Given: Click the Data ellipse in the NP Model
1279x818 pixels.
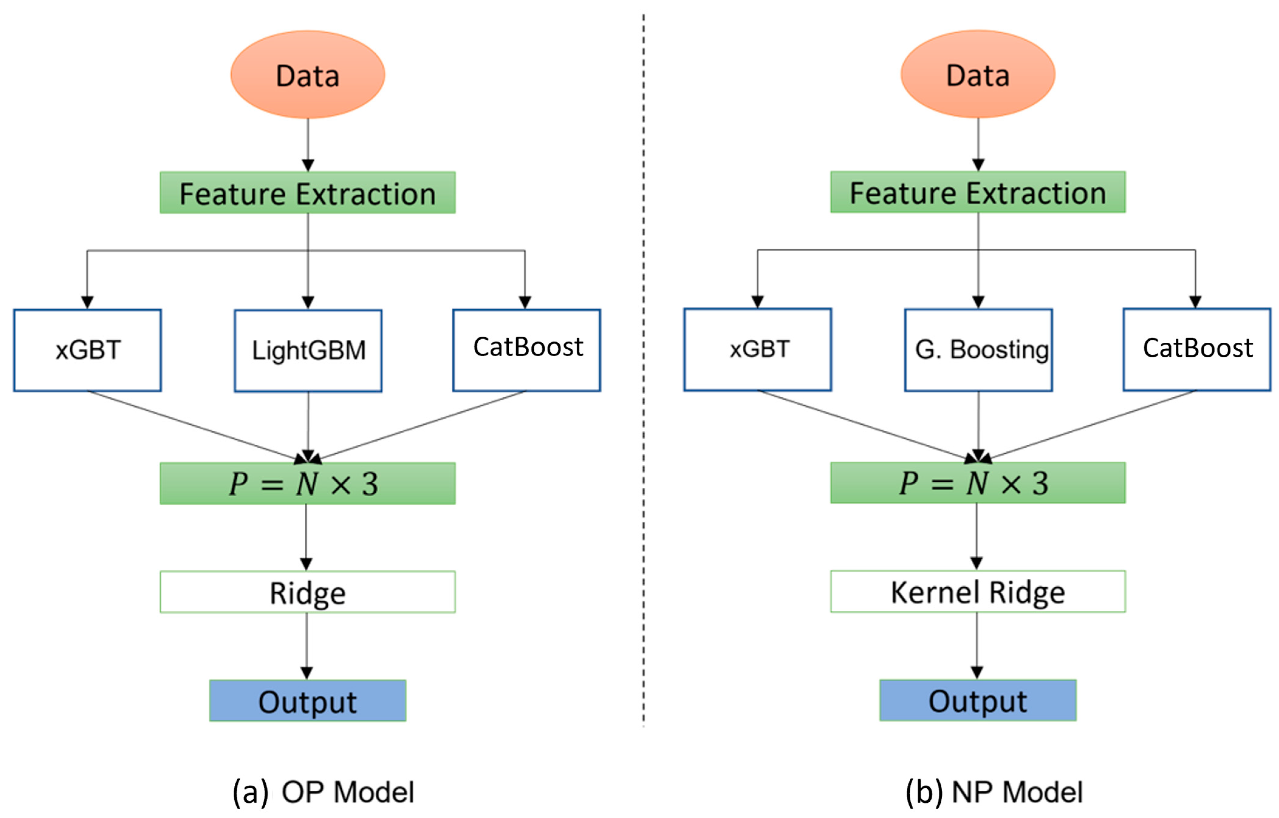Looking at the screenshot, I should (x=978, y=74).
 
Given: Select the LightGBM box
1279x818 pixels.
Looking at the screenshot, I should (x=308, y=351).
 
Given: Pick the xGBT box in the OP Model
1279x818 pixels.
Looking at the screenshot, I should (x=88, y=351).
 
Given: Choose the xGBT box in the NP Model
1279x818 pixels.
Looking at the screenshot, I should (x=758, y=350).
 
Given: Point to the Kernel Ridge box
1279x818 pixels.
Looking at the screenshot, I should (x=978, y=592).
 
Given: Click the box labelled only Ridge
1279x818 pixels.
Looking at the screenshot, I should (x=308, y=592).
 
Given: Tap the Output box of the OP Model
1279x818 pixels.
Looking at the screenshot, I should (x=308, y=701).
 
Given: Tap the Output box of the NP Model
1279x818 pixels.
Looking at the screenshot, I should (x=978, y=700).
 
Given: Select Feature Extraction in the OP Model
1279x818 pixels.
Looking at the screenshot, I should (x=308, y=193).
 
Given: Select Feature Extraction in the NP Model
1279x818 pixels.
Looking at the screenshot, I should (x=978, y=192).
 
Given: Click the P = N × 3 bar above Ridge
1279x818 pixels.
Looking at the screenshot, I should (x=308, y=483).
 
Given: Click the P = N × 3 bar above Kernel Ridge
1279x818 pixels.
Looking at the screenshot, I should (x=978, y=483).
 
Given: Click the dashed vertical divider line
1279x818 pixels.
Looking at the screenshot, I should (x=644, y=372).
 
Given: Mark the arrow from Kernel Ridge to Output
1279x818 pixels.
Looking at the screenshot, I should (x=977, y=645).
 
